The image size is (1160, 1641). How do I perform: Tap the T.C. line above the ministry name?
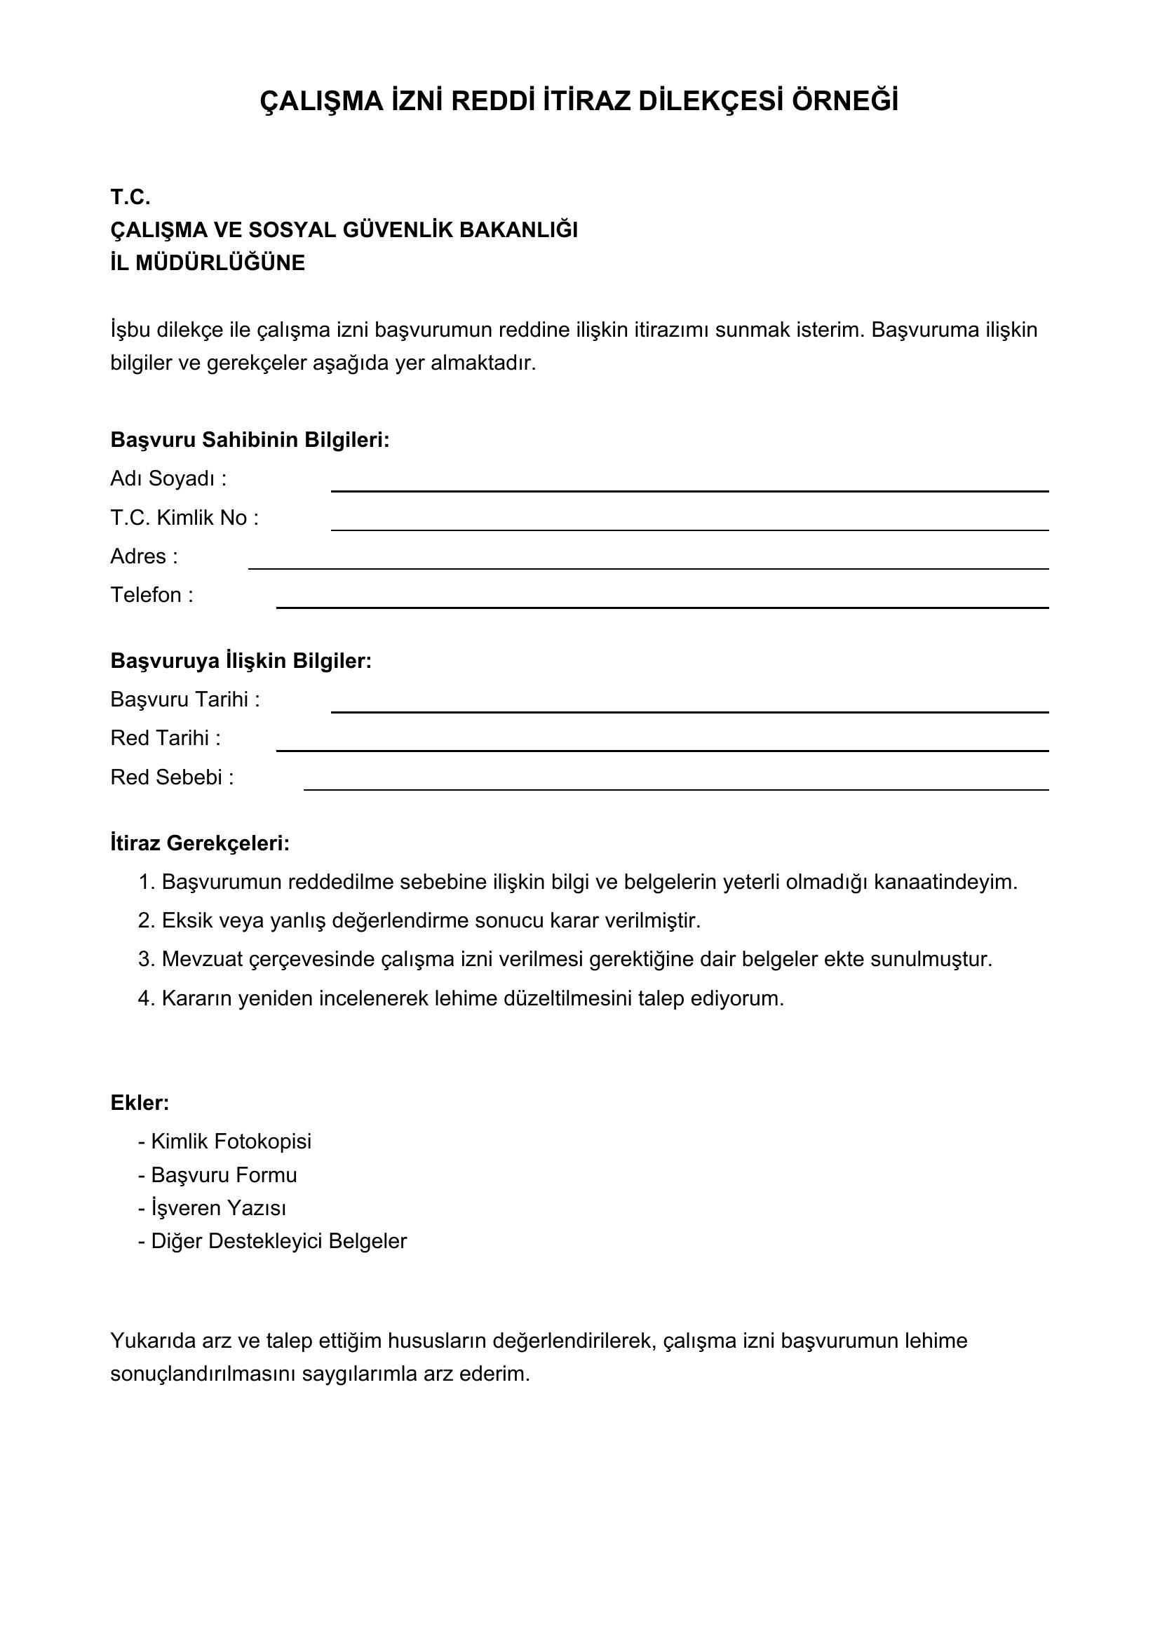click(130, 196)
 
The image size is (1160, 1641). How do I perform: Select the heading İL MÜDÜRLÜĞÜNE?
click(207, 263)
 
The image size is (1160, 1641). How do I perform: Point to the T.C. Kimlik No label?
click(184, 518)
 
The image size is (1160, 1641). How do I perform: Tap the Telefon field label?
click(151, 595)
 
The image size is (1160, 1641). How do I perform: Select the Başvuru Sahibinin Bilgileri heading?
click(250, 440)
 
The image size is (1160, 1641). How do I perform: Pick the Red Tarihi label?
click(165, 737)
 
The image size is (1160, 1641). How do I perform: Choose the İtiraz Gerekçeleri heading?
click(200, 843)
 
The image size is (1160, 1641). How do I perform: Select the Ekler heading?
click(140, 1103)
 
